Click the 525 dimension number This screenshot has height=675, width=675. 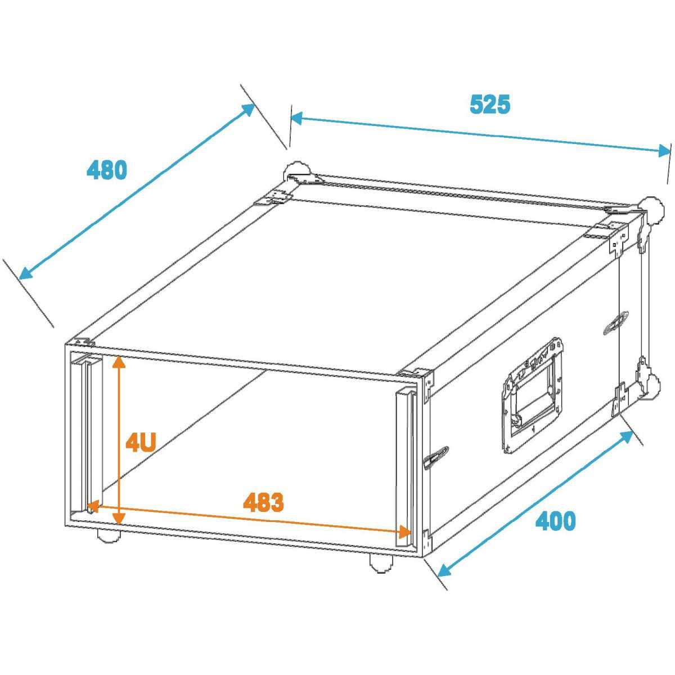[490, 104]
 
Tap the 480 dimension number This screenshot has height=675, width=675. [107, 170]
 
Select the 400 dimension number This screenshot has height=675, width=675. [556, 520]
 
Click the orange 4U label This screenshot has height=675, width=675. [141, 443]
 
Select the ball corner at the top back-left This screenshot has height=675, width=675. [297, 172]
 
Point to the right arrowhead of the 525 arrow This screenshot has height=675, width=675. [664, 151]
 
